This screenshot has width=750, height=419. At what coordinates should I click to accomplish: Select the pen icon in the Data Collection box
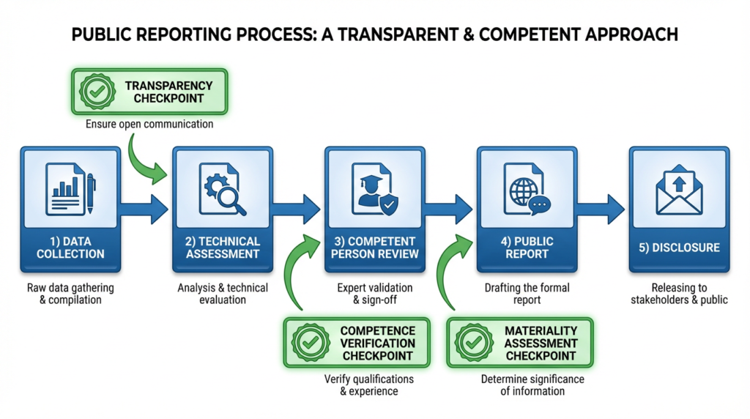[91, 191]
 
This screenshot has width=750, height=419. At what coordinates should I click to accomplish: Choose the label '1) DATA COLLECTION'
[71, 248]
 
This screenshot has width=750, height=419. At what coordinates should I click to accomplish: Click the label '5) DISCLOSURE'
[678, 248]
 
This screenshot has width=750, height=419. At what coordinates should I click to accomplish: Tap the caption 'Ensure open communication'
[149, 124]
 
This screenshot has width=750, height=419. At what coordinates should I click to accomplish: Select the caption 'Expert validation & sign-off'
[374, 294]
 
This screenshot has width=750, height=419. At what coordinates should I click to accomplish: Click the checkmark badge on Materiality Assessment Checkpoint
[473, 343]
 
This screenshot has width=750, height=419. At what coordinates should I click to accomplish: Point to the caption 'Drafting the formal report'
[527, 294]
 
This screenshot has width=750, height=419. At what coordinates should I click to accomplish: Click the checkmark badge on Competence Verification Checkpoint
[310, 343]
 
